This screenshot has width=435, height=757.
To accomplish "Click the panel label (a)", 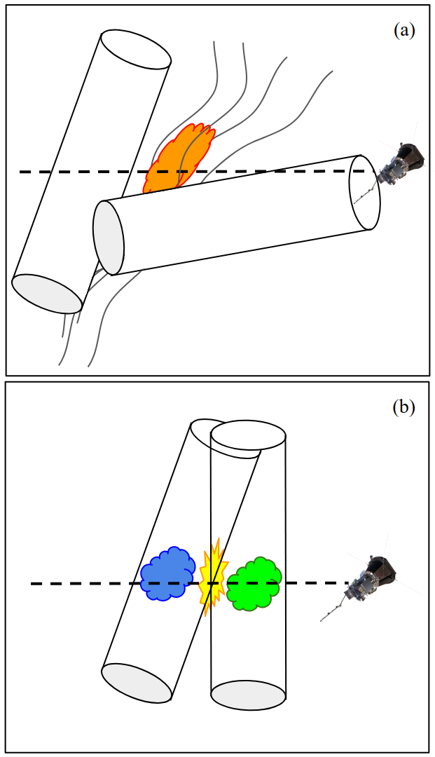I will pyautogui.click(x=404, y=30).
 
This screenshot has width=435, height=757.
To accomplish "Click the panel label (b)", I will pyautogui.click(x=404, y=407).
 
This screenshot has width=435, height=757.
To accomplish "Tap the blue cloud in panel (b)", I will pyautogui.click(x=167, y=574).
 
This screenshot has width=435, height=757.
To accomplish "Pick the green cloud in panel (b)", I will pyautogui.click(x=254, y=582).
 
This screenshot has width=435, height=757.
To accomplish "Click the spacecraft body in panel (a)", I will pyautogui.click(x=399, y=165).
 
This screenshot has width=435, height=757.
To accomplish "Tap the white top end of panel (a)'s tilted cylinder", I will pyautogui.click(x=135, y=48).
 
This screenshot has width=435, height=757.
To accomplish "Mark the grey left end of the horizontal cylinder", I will pyautogui.click(x=109, y=238).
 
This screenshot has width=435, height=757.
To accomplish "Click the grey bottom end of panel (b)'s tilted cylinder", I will pyautogui.click(x=137, y=682).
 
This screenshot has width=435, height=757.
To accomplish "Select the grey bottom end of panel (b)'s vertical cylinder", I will pyautogui.click(x=249, y=695).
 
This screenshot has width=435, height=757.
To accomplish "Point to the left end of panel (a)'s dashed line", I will pyautogui.click(x=21, y=172).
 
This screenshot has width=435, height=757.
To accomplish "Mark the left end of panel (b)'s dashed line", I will pyautogui.click(x=33, y=583).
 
